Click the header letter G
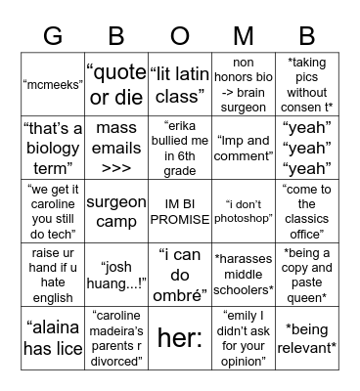53,36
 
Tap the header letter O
180,36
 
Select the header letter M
243,36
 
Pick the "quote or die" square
116,85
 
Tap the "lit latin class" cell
180,85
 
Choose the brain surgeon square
243,85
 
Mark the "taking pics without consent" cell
306,85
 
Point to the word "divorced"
116,360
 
